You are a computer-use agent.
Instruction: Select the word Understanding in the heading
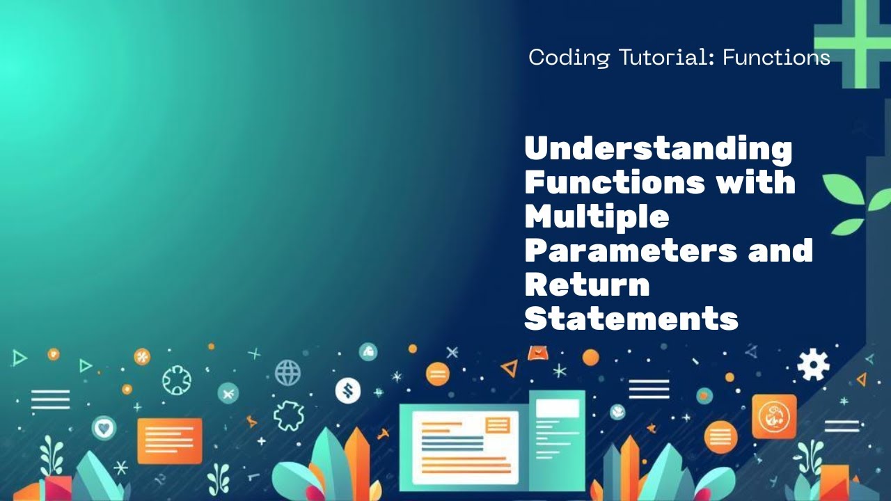[658, 149]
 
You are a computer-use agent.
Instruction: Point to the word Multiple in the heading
[597, 216]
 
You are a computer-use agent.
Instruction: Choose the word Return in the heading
[587, 285]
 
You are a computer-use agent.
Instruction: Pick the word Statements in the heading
[631, 319]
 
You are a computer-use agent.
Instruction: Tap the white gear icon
[813, 364]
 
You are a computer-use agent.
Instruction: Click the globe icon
[287, 373]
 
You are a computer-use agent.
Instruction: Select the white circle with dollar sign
[347, 390]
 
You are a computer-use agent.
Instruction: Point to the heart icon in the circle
[104, 427]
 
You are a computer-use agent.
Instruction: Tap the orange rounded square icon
[774, 416]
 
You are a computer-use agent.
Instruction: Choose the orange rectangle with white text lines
[169, 440]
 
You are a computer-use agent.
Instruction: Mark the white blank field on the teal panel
[557, 408]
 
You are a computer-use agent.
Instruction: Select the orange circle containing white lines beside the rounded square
[720, 438]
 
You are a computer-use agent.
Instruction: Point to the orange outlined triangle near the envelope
[510, 368]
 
